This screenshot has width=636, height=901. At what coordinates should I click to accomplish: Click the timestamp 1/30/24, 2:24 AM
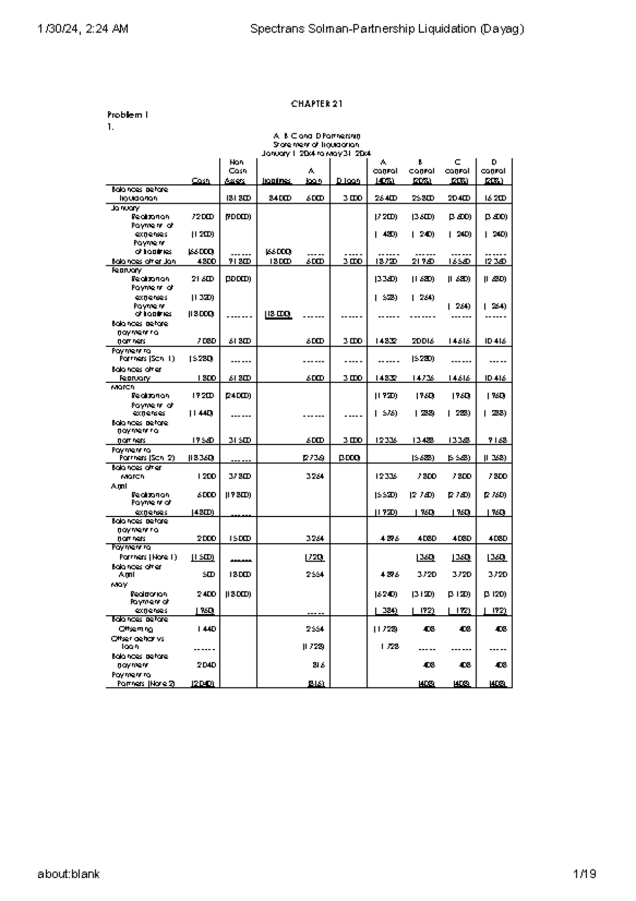tap(83, 29)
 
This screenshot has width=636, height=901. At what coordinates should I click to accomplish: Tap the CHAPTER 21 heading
tap(317, 104)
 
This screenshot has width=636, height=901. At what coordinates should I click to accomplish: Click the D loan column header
tap(348, 181)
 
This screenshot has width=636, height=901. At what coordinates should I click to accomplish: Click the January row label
tap(125, 208)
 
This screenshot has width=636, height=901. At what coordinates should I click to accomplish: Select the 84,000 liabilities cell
tap(276, 198)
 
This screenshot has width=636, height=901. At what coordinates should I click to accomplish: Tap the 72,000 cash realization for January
tap(203, 217)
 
